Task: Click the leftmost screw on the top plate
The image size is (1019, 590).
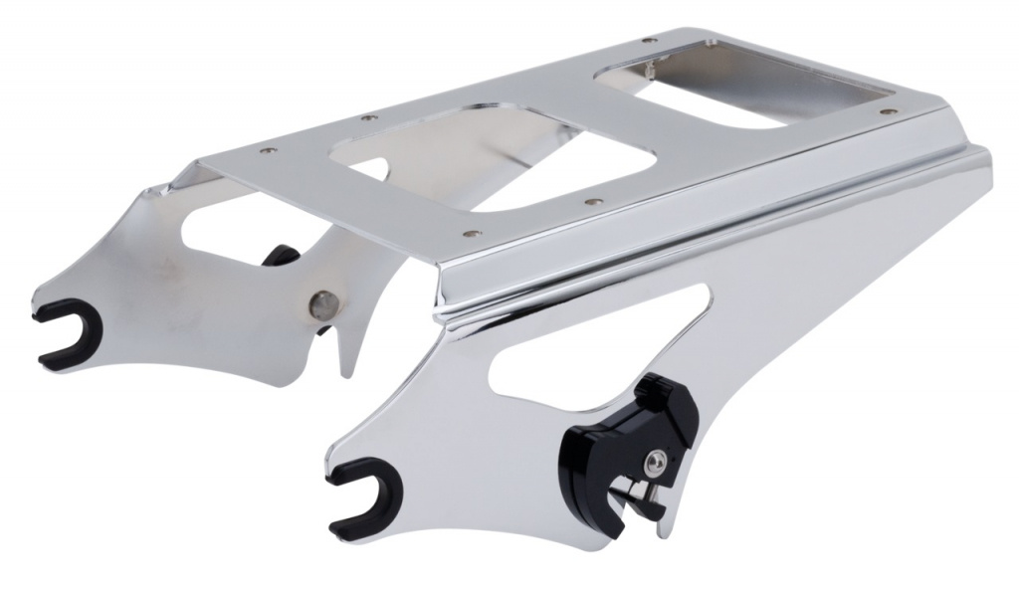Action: [266, 151]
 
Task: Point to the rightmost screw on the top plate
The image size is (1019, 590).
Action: [883, 112]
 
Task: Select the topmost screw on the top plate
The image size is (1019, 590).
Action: [648, 41]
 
